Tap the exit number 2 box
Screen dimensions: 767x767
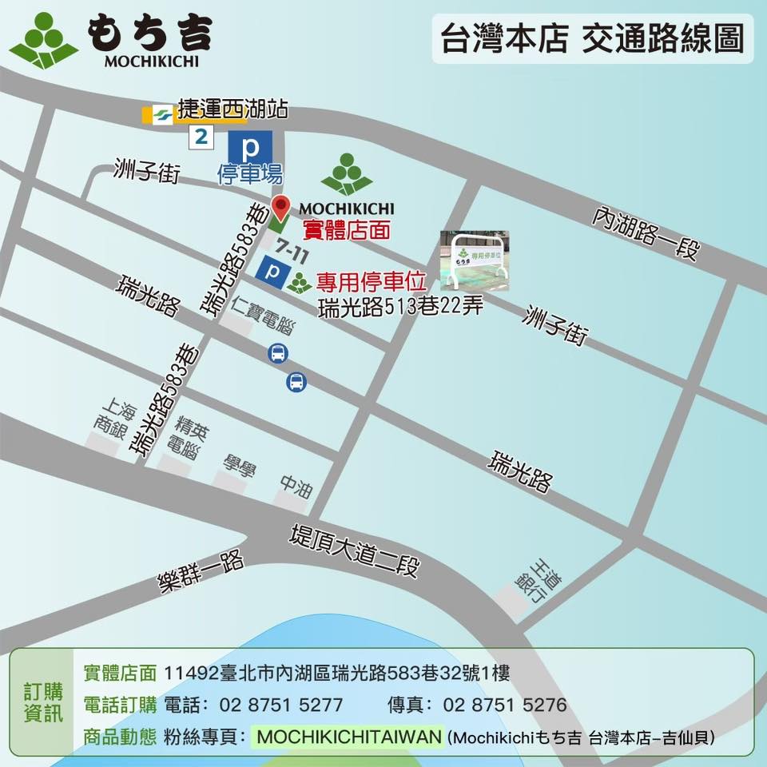(201, 137)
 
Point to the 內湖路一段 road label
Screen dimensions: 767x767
(646, 233)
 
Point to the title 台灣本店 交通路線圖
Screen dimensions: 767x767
(592, 38)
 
